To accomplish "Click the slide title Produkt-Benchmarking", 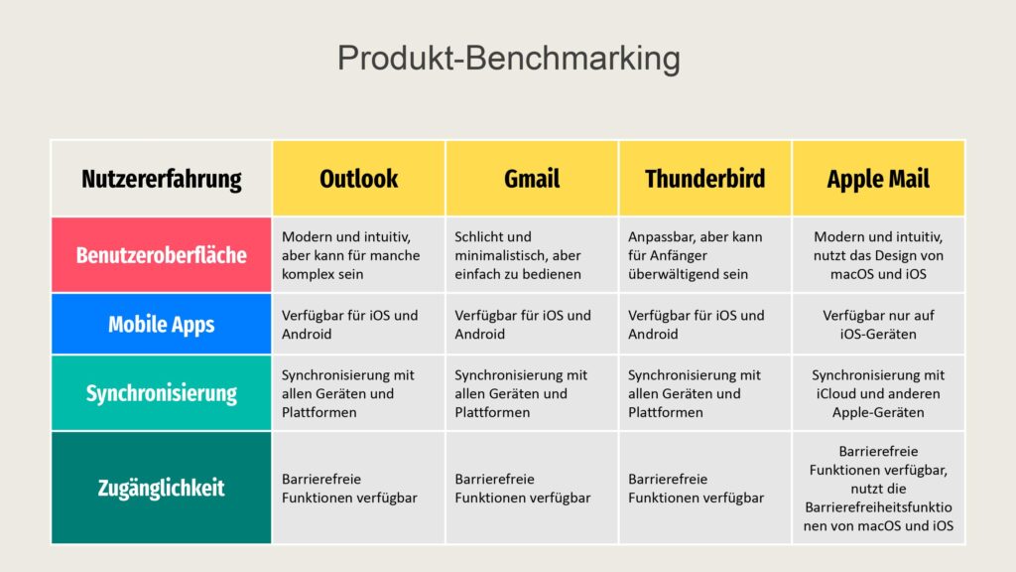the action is [509, 59].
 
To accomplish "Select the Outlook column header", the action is [359, 179].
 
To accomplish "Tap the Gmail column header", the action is [532, 179].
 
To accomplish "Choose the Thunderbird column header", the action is [705, 179].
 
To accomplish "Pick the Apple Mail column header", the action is [878, 179].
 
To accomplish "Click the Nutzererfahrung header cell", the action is [162, 179].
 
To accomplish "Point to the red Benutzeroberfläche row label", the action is [162, 255].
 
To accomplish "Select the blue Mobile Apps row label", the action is [162, 325].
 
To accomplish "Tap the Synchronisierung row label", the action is [162, 393].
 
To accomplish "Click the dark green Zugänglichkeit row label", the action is [162, 488].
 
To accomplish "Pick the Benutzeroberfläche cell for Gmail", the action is [532, 255].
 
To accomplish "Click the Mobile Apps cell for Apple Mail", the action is [878, 325].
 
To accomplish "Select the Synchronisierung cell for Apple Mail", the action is [878, 393].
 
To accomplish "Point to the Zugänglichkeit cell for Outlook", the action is [359, 488].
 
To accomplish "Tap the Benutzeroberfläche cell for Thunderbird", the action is [705, 255].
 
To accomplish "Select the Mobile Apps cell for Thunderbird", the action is [705, 325].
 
